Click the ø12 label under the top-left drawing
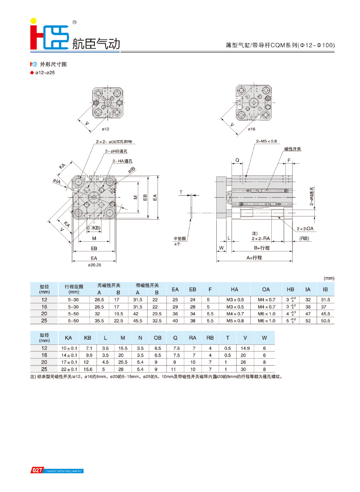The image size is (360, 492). [x=105, y=129]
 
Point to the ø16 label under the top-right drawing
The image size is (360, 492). [x=251, y=129]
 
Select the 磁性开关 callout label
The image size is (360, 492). [x=293, y=149]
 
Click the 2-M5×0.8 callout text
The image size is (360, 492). [x=266, y=141]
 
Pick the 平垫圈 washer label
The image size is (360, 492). [x=180, y=239]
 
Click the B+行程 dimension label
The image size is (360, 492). [x=262, y=248]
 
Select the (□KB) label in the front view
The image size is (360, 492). [x=94, y=228]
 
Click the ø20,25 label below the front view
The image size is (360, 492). [x=94, y=264]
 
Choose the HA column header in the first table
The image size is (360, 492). [x=234, y=289]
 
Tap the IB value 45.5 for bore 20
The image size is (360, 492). [x=325, y=314]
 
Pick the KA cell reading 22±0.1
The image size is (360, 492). [x=69, y=369]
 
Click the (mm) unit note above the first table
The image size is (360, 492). [x=329, y=278]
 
